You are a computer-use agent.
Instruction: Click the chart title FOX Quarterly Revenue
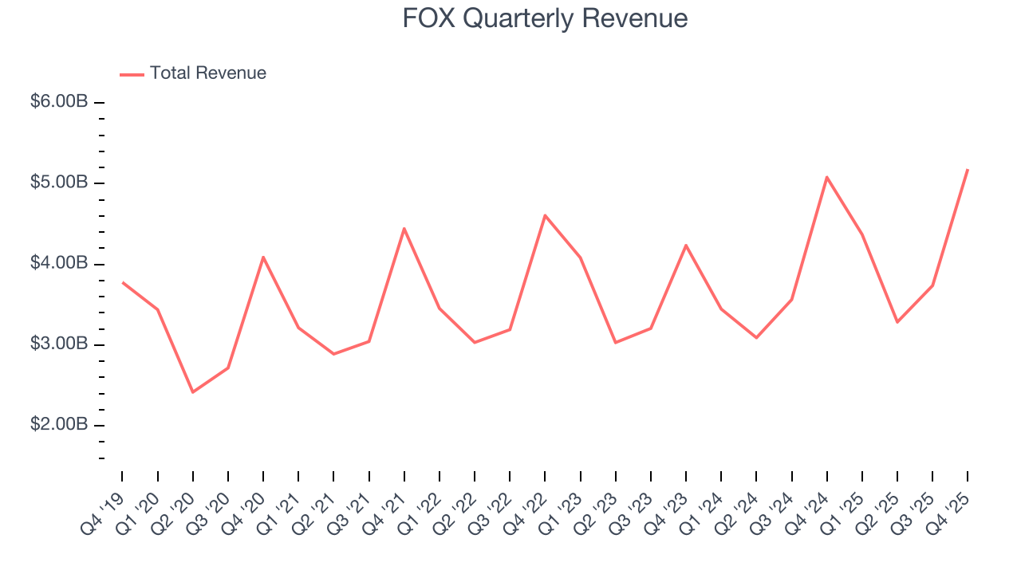[545, 18]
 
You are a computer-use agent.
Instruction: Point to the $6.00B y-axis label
[59, 102]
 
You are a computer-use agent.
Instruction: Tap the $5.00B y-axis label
[59, 183]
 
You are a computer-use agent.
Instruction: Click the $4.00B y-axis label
[59, 264]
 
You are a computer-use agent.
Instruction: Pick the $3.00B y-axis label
[59, 344]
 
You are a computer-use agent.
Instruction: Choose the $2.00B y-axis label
[59, 425]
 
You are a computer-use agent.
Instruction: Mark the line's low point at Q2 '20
[193, 392]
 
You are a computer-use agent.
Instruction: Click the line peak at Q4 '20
[263, 257]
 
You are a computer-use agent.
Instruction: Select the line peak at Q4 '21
[404, 228]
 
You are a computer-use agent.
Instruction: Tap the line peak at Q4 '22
[545, 215]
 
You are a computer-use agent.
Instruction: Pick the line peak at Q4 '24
[827, 177]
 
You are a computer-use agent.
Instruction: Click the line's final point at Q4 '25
[968, 169]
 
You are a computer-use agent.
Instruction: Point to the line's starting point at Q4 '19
[123, 282]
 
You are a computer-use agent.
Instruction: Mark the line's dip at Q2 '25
[897, 322]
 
